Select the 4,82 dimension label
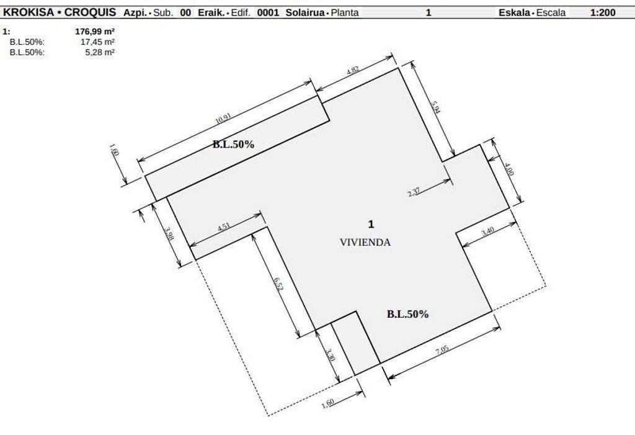(x=353, y=70)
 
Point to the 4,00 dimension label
(x=509, y=169)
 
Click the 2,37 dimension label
(x=414, y=191)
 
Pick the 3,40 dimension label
(x=487, y=231)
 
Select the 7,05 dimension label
(x=442, y=350)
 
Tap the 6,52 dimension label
(x=278, y=284)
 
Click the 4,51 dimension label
(x=224, y=226)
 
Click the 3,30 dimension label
(x=330, y=355)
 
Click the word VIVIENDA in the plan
(x=365, y=243)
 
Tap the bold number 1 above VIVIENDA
(x=371, y=224)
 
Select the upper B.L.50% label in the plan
(x=233, y=144)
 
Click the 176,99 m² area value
(x=95, y=31)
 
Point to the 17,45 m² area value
(x=97, y=42)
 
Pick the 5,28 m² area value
(x=100, y=52)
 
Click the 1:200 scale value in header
(x=603, y=12)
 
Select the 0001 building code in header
(x=268, y=12)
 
